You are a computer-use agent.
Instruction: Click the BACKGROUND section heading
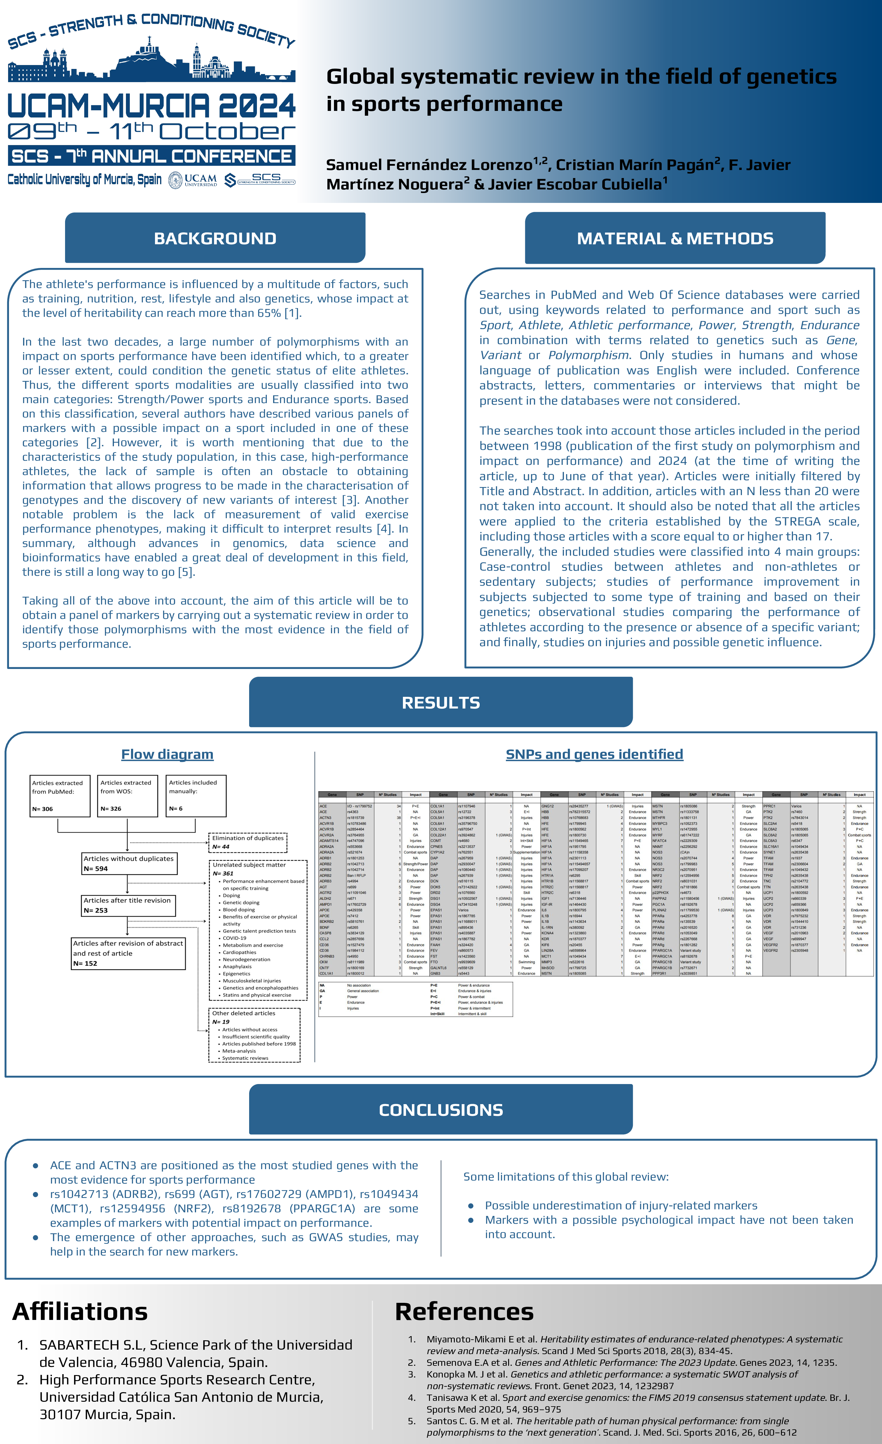pos(215,239)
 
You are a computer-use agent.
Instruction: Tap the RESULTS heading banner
pos(441,703)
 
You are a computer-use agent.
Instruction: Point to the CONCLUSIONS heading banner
pos(441,1110)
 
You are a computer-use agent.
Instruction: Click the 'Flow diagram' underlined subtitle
pos(167,754)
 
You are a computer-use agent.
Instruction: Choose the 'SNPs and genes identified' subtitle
pos(594,754)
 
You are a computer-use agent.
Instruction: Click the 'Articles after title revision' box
pos(128,905)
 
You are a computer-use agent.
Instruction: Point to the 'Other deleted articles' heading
pos(244,1013)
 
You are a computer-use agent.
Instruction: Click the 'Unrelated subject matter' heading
pos(249,864)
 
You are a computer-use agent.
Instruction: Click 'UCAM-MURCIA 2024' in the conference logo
pos(151,106)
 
